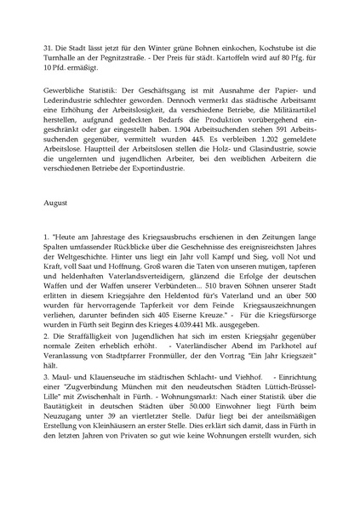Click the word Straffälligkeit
click(89, 386)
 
